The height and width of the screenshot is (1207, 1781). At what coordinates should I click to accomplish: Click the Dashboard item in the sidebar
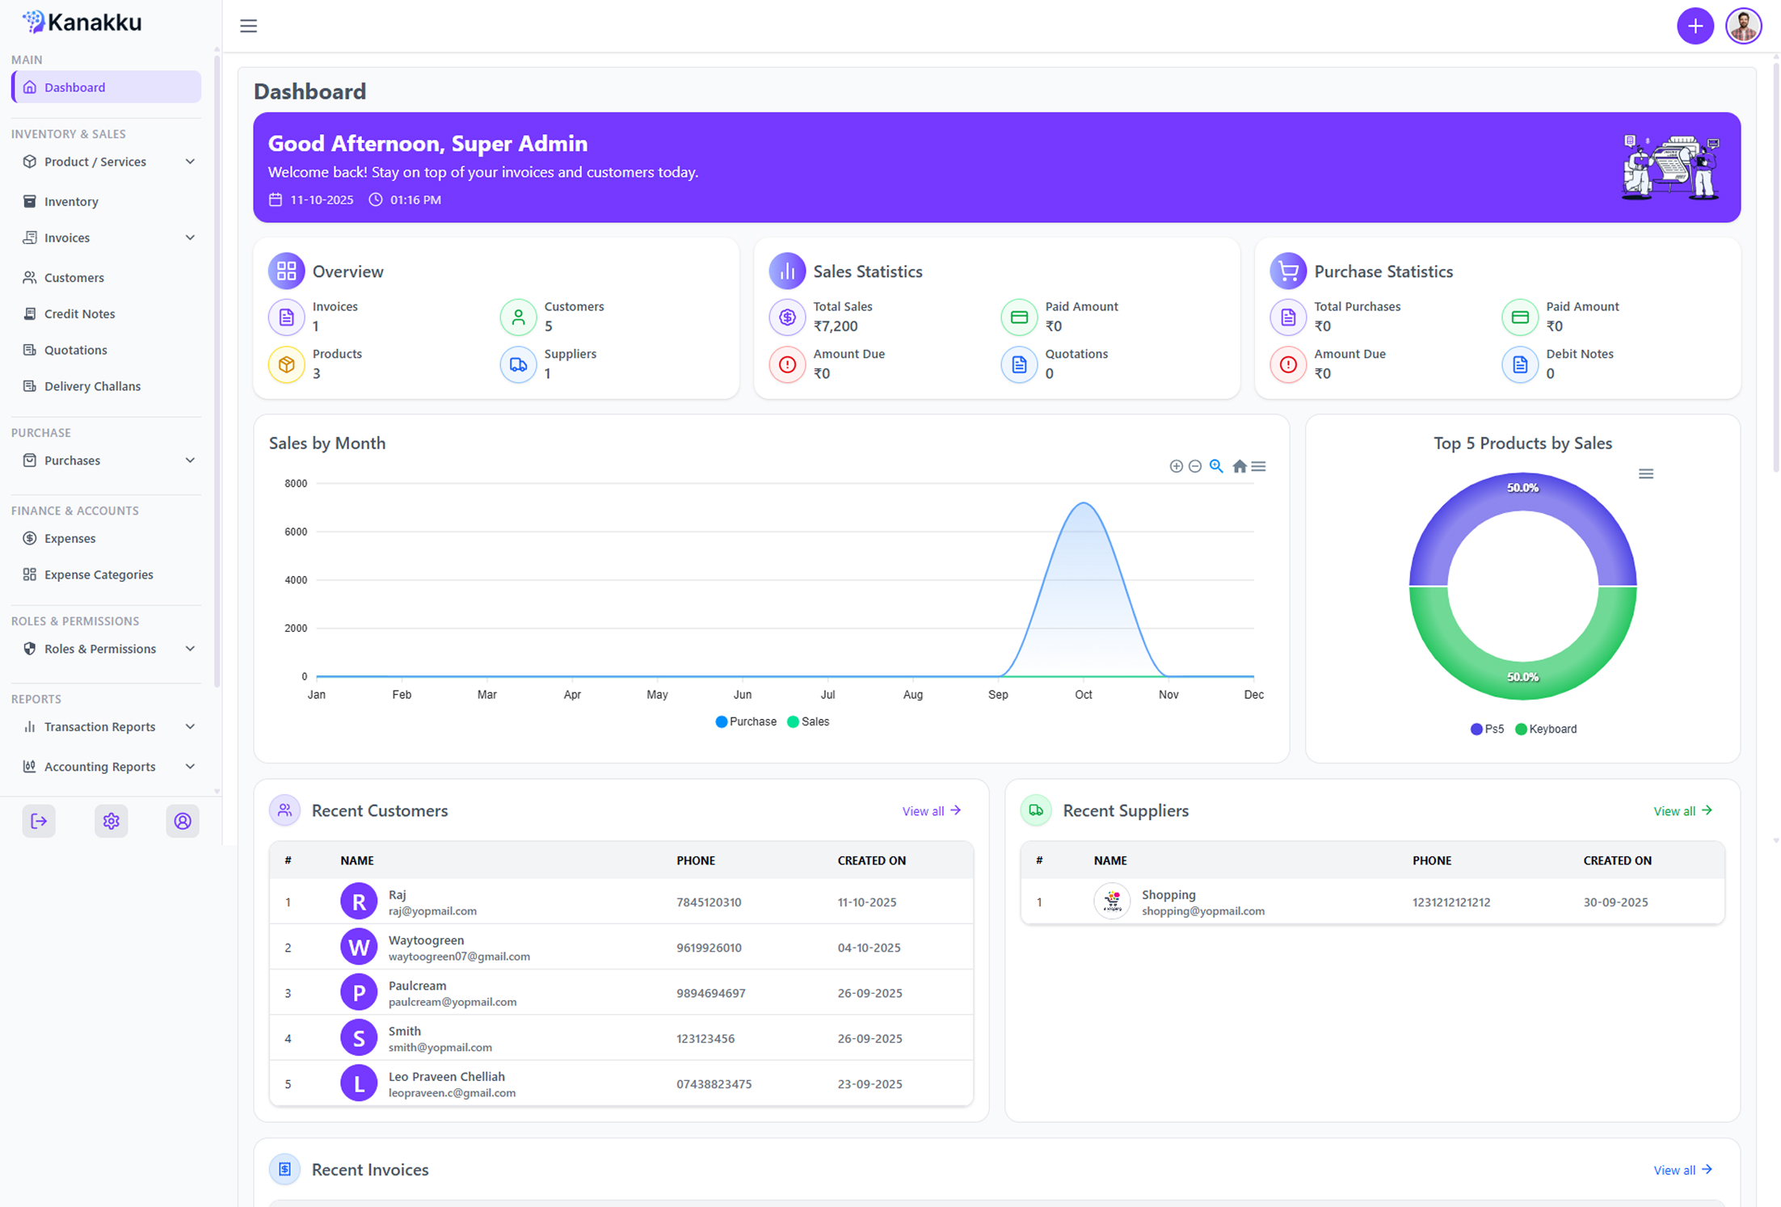point(106,87)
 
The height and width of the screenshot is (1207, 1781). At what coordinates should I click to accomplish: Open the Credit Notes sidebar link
point(79,313)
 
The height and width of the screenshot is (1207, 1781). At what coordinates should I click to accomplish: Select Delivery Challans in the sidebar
point(92,386)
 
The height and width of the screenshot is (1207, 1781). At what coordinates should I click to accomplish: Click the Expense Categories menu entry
point(99,574)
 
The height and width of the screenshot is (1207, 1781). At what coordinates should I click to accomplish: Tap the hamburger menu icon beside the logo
point(249,26)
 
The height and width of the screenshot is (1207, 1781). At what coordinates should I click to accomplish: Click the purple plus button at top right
point(1695,26)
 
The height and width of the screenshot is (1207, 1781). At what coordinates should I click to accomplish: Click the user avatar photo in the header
point(1743,26)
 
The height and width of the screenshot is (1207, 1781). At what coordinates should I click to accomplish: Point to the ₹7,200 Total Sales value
point(836,326)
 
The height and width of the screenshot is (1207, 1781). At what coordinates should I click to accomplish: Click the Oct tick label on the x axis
point(1083,695)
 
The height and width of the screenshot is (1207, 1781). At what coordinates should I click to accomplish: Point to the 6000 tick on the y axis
point(296,532)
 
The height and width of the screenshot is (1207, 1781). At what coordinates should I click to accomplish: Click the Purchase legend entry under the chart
point(746,721)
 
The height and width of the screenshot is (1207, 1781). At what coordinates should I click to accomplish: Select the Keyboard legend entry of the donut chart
point(1546,729)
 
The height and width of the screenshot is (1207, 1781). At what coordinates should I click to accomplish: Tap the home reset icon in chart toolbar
point(1239,466)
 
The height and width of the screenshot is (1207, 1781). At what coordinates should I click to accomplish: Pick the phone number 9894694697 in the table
point(711,993)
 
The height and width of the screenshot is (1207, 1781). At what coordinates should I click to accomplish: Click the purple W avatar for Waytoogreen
point(359,947)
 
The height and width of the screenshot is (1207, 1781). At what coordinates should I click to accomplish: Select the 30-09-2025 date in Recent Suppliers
point(1615,902)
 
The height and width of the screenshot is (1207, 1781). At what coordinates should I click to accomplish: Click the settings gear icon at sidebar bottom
point(111,821)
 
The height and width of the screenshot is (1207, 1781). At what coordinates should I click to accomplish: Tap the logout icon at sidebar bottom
point(39,821)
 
